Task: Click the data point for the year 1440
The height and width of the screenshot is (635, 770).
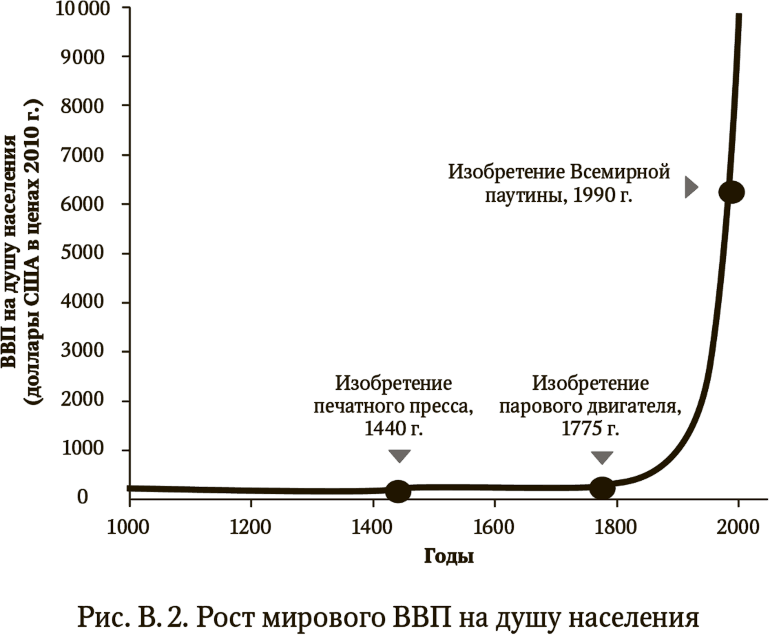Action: [398, 491]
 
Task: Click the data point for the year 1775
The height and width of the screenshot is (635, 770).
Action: [602, 488]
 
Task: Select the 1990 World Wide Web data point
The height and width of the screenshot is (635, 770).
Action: [731, 193]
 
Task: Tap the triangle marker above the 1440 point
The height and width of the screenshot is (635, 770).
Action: [399, 456]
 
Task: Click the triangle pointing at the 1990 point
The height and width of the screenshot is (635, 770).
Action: [691, 187]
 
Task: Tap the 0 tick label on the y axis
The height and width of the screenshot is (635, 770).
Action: [83, 497]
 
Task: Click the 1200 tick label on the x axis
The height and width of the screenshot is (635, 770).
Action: [250, 528]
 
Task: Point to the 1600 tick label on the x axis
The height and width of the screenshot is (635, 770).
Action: [494, 528]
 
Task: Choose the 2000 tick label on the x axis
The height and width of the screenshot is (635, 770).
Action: [738, 528]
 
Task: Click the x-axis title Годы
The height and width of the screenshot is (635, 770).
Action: [448, 556]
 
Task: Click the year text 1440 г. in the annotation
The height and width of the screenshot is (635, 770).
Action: [393, 429]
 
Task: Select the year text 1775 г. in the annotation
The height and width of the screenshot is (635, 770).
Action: [590, 429]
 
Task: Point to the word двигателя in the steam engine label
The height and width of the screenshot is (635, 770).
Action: [637, 406]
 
